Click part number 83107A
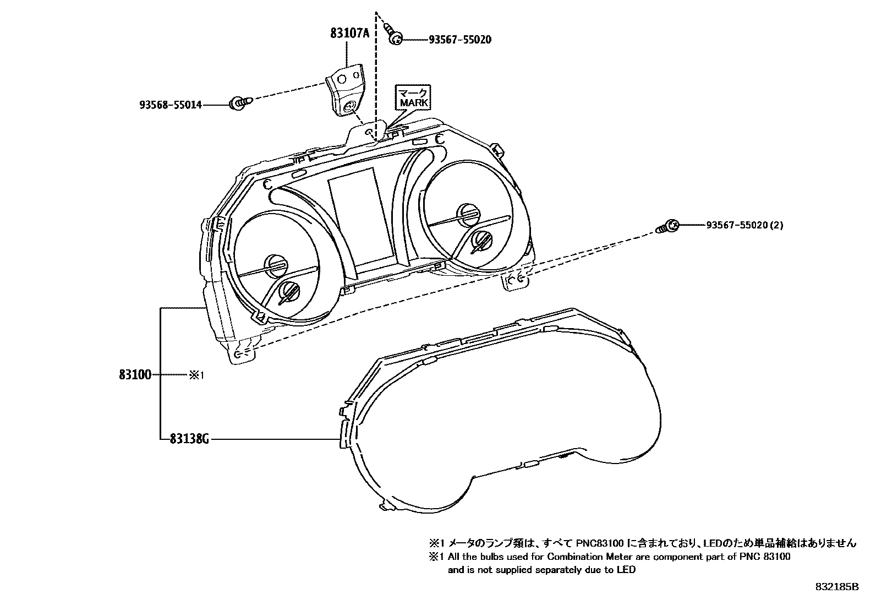pyautogui.click(x=349, y=33)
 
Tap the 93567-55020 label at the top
pyautogui.click(x=460, y=40)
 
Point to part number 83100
pyautogui.click(x=135, y=375)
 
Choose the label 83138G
pyautogui.click(x=189, y=439)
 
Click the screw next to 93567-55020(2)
pyautogui.click(x=668, y=226)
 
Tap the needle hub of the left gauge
pyautogui.click(x=273, y=265)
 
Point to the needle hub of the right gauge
pyautogui.click(x=467, y=212)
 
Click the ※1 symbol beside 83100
pyautogui.click(x=196, y=375)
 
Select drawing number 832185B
pyautogui.click(x=837, y=587)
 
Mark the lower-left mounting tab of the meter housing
pyautogui.click(x=241, y=355)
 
